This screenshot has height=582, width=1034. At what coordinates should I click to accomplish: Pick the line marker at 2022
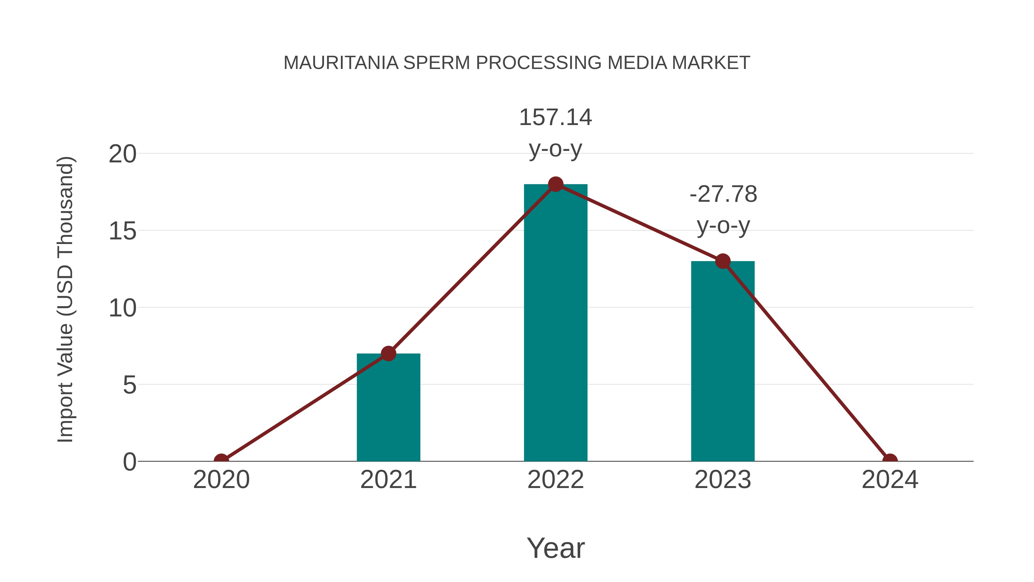tap(555, 184)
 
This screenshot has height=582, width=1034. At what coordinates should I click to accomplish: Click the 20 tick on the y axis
tap(122, 154)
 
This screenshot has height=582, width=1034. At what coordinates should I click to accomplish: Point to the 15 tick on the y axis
tap(122, 231)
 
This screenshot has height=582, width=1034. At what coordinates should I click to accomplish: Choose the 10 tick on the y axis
tap(122, 308)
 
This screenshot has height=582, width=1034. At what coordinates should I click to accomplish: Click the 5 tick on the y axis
tap(129, 385)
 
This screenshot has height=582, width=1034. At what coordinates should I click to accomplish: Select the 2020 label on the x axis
tap(221, 480)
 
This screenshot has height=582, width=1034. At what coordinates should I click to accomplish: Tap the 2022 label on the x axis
tap(555, 480)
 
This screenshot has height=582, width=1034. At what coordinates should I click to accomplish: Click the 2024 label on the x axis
tap(890, 480)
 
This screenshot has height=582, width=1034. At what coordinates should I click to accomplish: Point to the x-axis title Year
tap(555, 548)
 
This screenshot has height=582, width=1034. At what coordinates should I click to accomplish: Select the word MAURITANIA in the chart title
tap(341, 63)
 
